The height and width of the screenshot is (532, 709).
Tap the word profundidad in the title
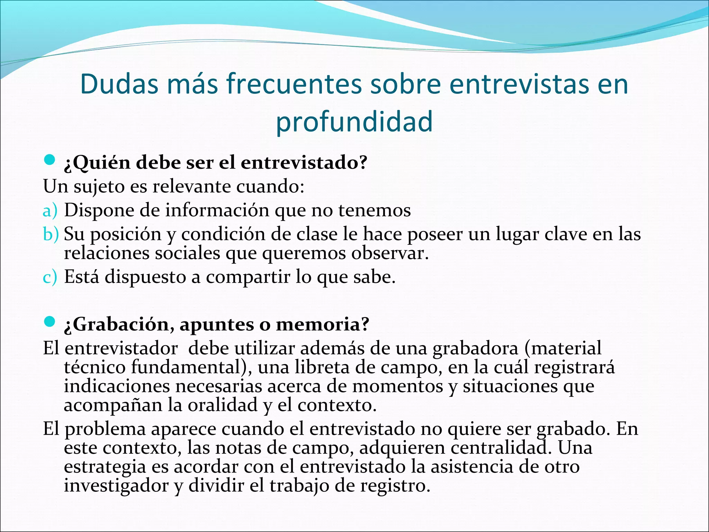(x=354, y=121)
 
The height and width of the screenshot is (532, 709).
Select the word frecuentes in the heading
(x=294, y=84)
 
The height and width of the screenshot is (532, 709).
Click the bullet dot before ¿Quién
(x=50, y=160)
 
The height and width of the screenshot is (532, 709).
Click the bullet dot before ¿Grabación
(x=50, y=322)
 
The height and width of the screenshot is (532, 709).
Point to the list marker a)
(x=50, y=211)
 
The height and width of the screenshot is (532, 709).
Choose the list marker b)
(x=51, y=234)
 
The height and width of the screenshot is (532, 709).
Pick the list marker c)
(x=50, y=277)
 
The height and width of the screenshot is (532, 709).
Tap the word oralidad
(x=223, y=405)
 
